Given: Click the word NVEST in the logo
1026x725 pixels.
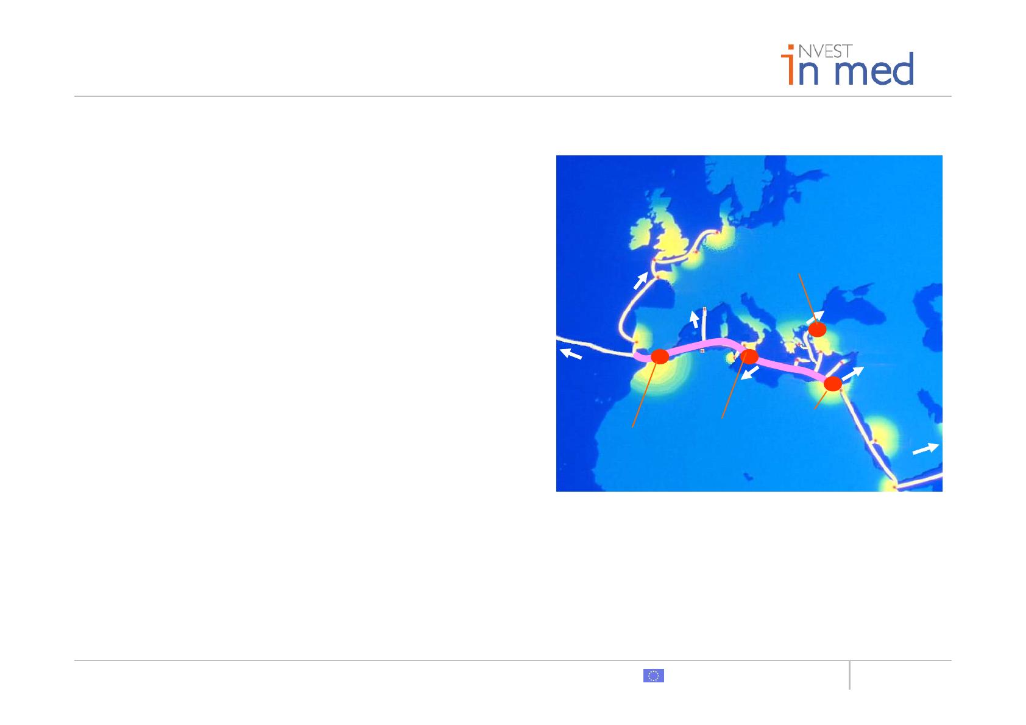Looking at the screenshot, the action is [x=826, y=51].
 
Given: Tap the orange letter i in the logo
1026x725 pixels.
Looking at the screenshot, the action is [x=789, y=65].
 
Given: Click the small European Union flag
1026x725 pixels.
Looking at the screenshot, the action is [x=654, y=676].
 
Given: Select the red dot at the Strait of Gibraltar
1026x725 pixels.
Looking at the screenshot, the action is [x=660, y=356].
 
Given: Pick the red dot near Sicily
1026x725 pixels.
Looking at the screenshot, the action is [x=749, y=356].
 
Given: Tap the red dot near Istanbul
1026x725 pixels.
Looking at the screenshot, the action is [x=817, y=329].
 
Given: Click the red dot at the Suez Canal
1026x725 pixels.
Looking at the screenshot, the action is [x=833, y=384].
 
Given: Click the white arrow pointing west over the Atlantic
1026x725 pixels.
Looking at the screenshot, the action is [x=571, y=353].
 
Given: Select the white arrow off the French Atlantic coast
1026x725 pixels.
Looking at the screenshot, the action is [x=641, y=280].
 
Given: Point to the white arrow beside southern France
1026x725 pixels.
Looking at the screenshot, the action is [x=695, y=319].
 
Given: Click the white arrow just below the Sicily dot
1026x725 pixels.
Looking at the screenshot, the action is [x=750, y=373].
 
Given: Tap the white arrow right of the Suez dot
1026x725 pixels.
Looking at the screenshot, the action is [x=853, y=373].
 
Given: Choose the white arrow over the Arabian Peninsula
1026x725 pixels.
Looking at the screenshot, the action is [x=925, y=448].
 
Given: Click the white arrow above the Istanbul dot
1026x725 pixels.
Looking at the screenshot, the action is [x=815, y=317].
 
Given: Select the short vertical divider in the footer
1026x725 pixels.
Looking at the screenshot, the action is [x=850, y=674].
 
